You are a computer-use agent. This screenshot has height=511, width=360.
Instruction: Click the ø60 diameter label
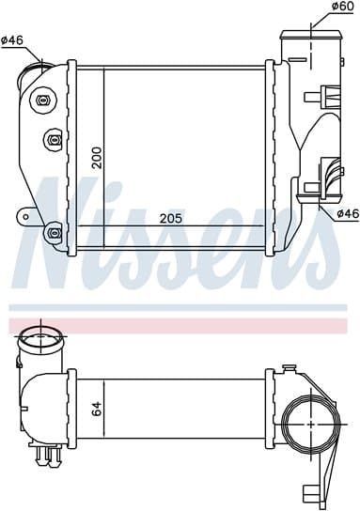coord(342,7)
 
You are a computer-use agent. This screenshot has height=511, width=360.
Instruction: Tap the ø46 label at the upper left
coord(12,40)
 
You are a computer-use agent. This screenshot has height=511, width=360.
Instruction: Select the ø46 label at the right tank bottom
coord(348,213)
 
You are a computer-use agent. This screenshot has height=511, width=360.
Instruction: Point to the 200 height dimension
coord(97,158)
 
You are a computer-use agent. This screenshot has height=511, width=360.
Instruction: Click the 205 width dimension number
coord(171,218)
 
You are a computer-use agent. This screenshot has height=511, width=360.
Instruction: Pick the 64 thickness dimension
coord(97,409)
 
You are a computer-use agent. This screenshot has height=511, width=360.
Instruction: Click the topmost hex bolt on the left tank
coord(43,101)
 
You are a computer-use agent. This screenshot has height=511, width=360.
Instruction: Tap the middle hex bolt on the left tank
coord(53,140)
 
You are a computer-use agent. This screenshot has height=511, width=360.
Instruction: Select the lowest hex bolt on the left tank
coord(54,233)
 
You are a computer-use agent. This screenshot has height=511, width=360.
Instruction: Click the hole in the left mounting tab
coord(25,217)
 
